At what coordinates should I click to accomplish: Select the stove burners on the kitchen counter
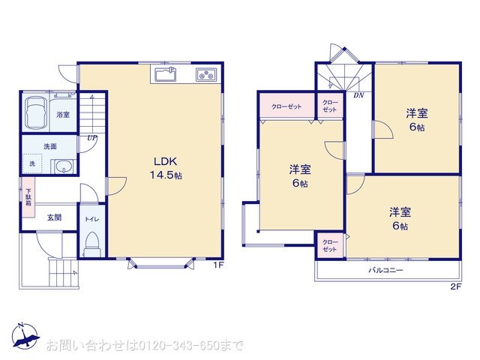pos(206,74)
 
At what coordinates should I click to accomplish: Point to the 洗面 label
pos(50,145)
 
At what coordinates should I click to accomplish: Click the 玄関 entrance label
pos(55,217)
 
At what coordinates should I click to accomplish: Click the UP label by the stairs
pos(91,138)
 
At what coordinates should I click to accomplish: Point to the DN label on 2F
pos(358,95)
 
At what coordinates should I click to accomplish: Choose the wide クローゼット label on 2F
pos(287,107)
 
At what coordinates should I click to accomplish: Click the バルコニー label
pos(385,269)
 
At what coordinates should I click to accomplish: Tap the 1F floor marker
pos(217,265)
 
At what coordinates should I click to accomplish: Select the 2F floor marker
pos(454,286)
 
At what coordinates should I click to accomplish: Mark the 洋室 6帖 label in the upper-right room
pos(417,119)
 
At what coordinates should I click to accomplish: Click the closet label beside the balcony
pos(330,245)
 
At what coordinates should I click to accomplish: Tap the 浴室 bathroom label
pos(63,115)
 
